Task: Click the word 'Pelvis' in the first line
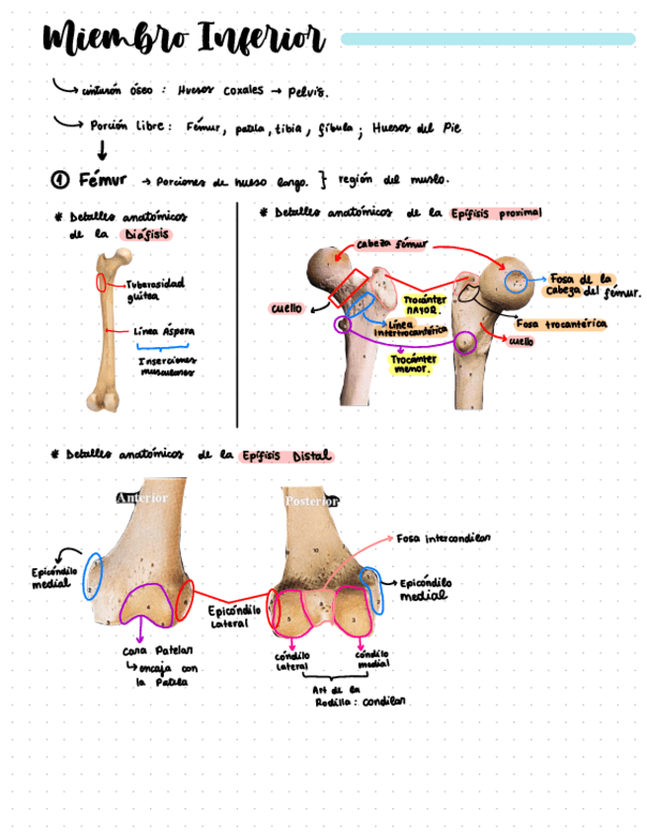coord(307,91)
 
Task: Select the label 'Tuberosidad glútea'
coord(154,289)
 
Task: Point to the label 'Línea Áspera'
coord(164,332)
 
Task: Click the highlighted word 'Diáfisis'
coord(146,235)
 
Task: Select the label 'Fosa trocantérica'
coord(561,323)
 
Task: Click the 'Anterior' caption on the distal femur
coord(141,498)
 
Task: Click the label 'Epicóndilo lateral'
coord(234,617)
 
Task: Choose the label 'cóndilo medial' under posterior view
coord(371,659)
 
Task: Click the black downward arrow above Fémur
coord(101,150)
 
